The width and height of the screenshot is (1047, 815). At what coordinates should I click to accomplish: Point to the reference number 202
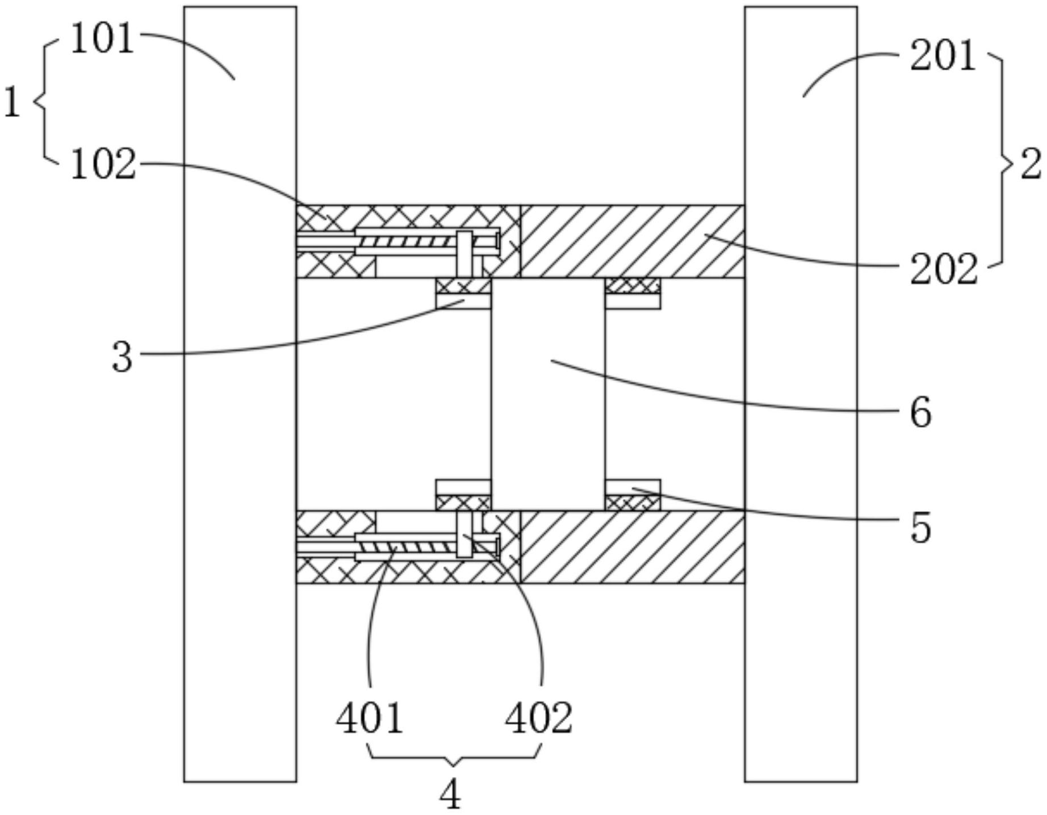(944, 270)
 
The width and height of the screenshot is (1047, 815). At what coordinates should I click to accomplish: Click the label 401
(370, 718)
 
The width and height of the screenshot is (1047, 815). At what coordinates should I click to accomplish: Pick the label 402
(539, 718)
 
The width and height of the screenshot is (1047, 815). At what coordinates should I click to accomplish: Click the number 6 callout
(920, 412)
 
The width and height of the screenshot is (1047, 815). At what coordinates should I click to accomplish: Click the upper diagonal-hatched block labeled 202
(632, 241)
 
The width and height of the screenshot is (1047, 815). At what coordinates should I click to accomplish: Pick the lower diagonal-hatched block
(632, 547)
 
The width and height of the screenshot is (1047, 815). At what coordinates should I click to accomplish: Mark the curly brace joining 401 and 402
(453, 756)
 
